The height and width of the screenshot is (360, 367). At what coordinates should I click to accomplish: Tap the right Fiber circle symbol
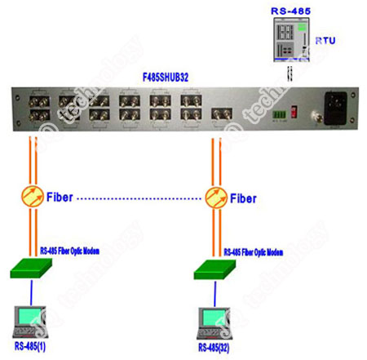pyautogui.click(x=216, y=197)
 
